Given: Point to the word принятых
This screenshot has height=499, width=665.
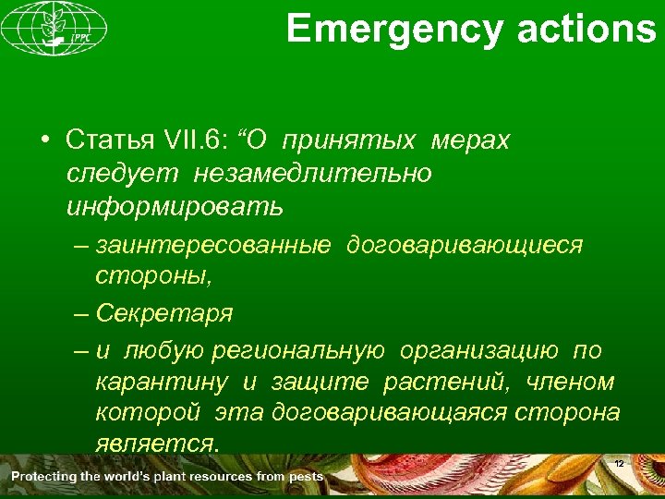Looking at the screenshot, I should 345,140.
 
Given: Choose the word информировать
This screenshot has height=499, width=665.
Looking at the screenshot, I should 175,206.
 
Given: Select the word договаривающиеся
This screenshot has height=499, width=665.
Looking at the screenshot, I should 465,245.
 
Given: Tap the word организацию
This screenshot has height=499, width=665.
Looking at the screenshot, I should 478,350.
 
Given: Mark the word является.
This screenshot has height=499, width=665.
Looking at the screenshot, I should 157,444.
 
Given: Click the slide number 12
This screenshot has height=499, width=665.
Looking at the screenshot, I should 620,462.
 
